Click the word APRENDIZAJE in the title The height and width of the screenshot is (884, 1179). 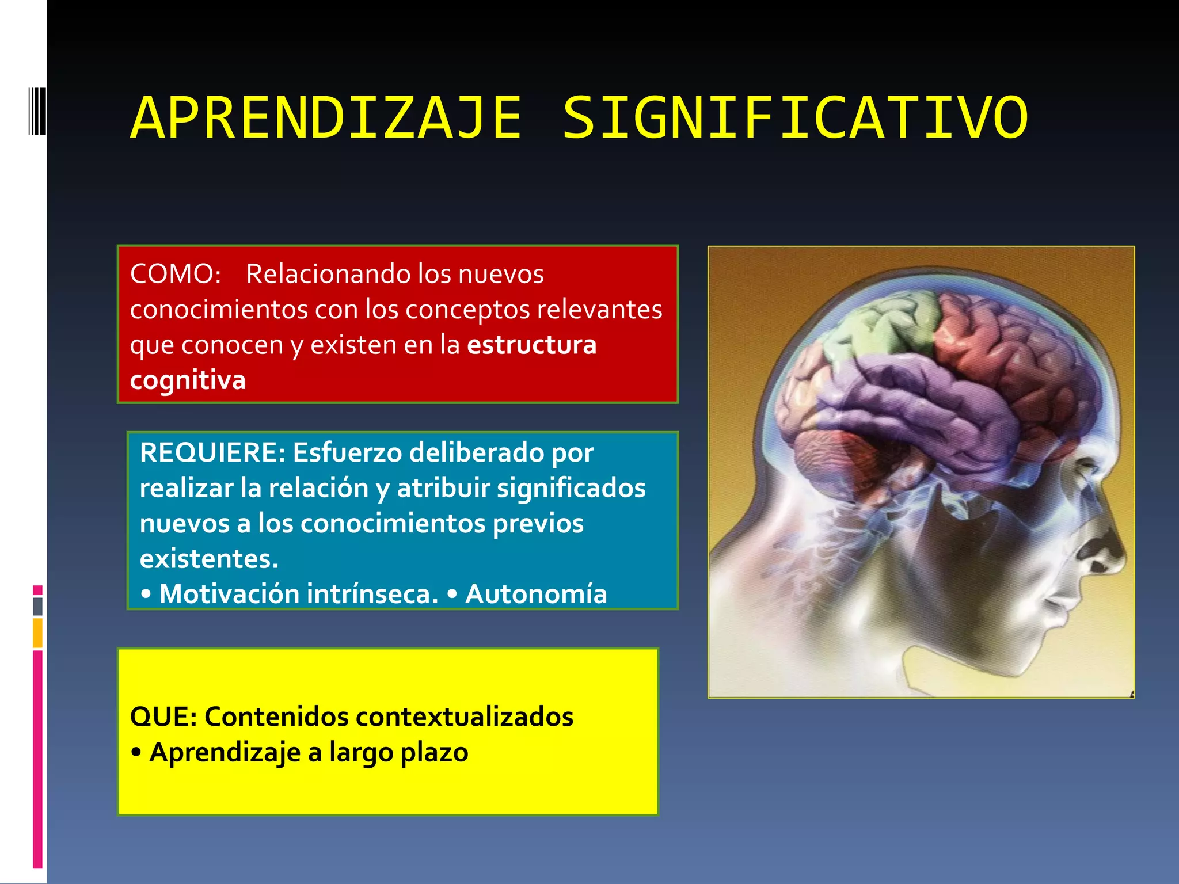(326, 118)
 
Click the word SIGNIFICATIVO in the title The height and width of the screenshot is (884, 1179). (794, 118)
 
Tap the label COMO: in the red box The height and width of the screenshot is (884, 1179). (176, 274)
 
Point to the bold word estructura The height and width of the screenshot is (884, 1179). (532, 345)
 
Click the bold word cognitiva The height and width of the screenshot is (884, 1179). (188, 380)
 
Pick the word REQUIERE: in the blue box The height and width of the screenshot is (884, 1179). (212, 452)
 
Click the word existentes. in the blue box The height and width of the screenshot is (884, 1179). (209, 559)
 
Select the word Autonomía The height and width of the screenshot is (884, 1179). (536, 594)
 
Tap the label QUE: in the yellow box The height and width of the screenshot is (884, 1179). (163, 717)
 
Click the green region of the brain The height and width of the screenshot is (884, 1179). (881, 328)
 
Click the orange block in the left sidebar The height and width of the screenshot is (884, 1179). (37, 632)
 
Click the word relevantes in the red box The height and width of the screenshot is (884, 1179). (599, 310)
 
